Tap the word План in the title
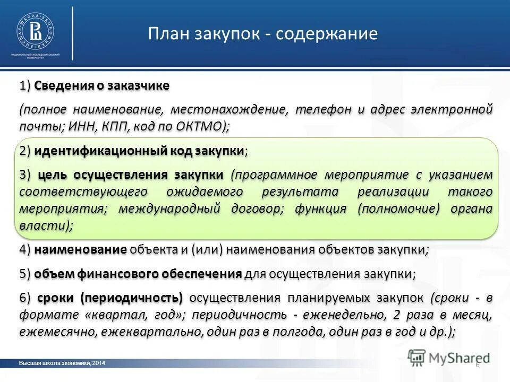point(169,34)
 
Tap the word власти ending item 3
point(42,225)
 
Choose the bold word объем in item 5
point(53,274)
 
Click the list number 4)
point(25,249)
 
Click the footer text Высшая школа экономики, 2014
point(62,363)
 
